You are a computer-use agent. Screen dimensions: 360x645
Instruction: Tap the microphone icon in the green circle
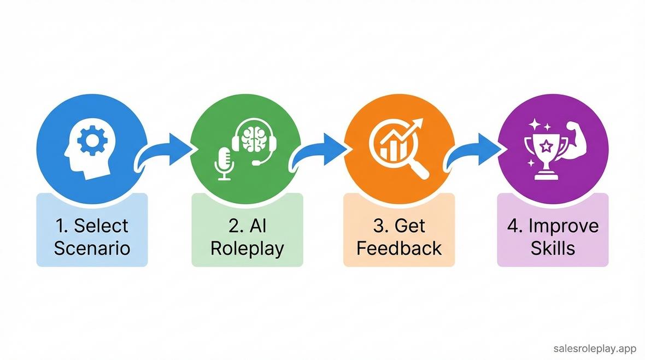coord(224,162)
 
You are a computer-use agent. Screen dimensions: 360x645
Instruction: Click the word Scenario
coord(92,249)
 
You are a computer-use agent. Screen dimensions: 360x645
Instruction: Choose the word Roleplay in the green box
coord(247,249)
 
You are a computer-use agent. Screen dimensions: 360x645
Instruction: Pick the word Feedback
coord(399,249)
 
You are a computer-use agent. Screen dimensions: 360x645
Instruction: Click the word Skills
coord(553,249)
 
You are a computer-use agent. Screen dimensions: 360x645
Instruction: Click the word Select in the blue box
coord(101,226)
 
